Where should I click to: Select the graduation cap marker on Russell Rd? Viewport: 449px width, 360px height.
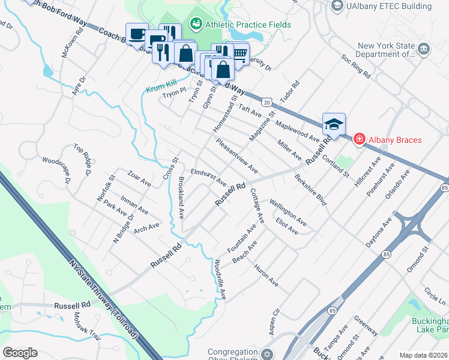pyautogui.click(x=334, y=124)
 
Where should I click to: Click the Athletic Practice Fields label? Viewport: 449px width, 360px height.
pyautogui.click(x=248, y=25)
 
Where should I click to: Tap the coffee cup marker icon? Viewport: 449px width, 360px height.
pyautogui.click(x=137, y=34)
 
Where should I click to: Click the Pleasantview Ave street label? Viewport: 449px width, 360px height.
pyautogui.click(x=237, y=157)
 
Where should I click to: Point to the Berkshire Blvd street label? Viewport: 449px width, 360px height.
pyautogui.click(x=310, y=190)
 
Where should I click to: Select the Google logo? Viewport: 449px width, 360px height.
pyautogui.click(x=20, y=353)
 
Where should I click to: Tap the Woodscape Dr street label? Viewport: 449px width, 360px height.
pyautogui.click(x=56, y=170)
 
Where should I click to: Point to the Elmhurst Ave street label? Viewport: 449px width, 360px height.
pyautogui.click(x=208, y=176)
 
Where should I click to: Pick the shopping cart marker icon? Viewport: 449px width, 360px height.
pyautogui.click(x=240, y=54)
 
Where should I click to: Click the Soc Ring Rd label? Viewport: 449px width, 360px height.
pyautogui.click(x=355, y=67)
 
